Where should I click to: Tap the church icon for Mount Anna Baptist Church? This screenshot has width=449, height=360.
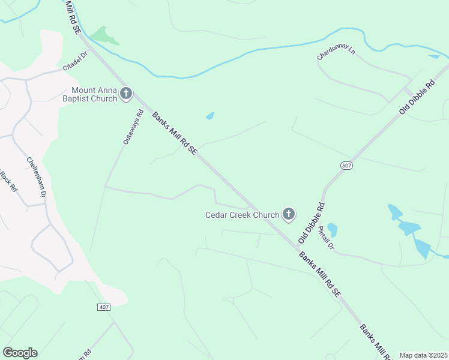[x=126, y=93]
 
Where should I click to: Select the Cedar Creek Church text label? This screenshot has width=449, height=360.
[x=243, y=215]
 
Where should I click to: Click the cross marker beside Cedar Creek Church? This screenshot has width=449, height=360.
[x=289, y=214]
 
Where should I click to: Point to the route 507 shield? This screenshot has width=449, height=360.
[x=347, y=166]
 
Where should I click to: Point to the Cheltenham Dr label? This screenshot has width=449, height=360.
[x=36, y=178]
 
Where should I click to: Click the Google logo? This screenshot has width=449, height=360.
[x=20, y=353]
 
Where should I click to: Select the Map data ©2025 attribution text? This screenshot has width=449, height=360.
[x=423, y=355]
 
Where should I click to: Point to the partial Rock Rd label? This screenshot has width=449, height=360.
[x=8, y=181]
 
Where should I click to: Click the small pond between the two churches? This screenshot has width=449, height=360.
[x=210, y=116]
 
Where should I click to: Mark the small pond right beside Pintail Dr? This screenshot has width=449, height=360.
[x=333, y=230]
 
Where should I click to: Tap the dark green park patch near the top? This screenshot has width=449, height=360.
[x=103, y=35]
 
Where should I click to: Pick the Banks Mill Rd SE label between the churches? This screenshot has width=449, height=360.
[x=174, y=134]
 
